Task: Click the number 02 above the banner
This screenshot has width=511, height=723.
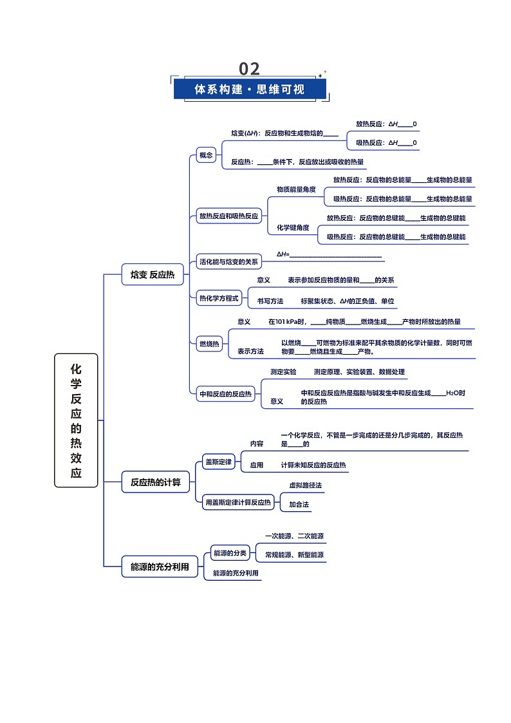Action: pyautogui.click(x=249, y=69)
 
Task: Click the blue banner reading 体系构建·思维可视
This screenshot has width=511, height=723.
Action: pyautogui.click(x=250, y=89)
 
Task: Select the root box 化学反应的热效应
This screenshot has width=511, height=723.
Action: pyautogui.click(x=76, y=420)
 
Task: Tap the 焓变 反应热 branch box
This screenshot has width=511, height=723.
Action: pyautogui.click(x=153, y=274)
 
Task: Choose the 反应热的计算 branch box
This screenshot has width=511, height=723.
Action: pyautogui.click(x=156, y=482)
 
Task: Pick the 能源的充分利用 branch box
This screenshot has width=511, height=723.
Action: pyautogui.click(x=160, y=567)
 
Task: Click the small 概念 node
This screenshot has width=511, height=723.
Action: pyautogui.click(x=206, y=155)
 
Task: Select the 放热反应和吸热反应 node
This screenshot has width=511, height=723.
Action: pyautogui.click(x=229, y=216)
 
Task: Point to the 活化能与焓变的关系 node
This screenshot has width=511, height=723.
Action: pyautogui.click(x=229, y=261)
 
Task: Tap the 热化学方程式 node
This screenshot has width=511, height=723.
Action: pyautogui.click(x=219, y=298)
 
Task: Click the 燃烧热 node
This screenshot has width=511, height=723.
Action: pyautogui.click(x=209, y=344)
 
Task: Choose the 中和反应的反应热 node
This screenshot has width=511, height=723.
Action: pyautogui.click(x=226, y=394)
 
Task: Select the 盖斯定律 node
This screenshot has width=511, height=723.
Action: pyautogui.click(x=218, y=462)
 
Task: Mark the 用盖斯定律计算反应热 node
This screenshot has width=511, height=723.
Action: pyautogui.click(x=238, y=502)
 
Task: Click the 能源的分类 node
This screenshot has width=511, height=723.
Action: pyautogui.click(x=230, y=553)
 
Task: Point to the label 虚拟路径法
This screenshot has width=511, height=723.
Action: pyautogui.click(x=306, y=485)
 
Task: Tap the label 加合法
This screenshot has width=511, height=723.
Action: pyautogui.click(x=299, y=505)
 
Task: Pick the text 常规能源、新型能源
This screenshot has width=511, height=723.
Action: pyautogui.click(x=294, y=555)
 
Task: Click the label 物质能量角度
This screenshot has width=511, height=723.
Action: pyautogui.click(x=296, y=189)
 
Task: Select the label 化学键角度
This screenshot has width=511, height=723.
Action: pyautogui.click(x=293, y=227)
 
